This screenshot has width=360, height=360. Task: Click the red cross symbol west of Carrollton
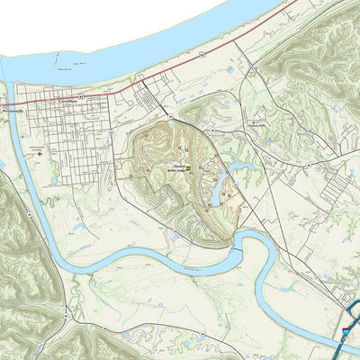point(39,153)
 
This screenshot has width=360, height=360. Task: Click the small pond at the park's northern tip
point(167,116)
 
